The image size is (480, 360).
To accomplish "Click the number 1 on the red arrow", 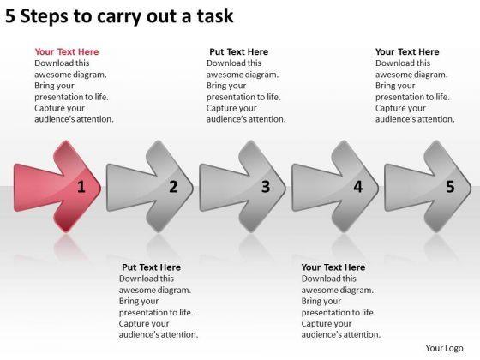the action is pos(81,187).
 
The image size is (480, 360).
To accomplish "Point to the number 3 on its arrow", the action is pos(266,187).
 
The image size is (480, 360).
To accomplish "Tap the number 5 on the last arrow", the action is pos(450,187).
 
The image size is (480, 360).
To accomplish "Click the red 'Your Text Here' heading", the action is pos(67,51).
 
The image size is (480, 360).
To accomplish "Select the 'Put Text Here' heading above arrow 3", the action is pos(239,51).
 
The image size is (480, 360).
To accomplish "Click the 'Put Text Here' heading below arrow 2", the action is pos(151,267).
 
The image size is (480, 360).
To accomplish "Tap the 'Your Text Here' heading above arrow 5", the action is pos(407,51).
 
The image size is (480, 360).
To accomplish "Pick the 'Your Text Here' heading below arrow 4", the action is pos(333,267).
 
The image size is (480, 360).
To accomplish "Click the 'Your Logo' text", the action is pos(444,348).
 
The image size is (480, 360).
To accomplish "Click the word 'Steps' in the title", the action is pos(44,16).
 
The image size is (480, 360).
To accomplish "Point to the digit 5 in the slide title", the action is pos(10,16).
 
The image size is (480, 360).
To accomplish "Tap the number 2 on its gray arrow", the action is pos(173,187).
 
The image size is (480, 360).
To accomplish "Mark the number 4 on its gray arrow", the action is pos(358,187).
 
